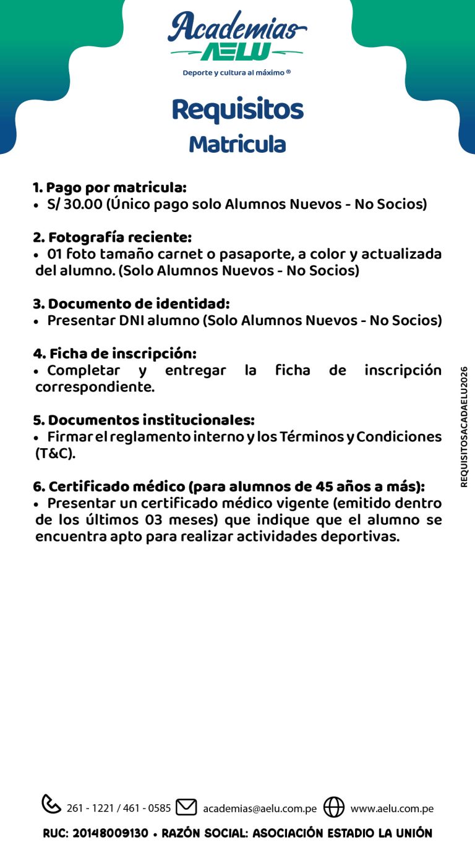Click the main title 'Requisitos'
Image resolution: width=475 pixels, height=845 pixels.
237,109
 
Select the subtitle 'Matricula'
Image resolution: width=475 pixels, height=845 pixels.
237,144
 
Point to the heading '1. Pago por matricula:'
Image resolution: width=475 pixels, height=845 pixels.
109,187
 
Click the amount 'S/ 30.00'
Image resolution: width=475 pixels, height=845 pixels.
74,204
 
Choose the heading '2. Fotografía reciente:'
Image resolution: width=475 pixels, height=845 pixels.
112,237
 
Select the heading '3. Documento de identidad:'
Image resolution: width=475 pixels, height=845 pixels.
131,304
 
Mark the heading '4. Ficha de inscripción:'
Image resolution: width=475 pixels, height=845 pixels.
114,354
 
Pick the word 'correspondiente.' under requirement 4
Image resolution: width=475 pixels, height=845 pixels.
95,388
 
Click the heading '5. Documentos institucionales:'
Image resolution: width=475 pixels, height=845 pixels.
143,420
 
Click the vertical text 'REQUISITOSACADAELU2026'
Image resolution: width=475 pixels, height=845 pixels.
464,427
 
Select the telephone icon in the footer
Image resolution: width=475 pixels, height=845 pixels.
51,804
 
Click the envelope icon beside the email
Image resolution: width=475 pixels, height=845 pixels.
186,807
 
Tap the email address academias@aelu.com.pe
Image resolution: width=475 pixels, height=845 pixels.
260,809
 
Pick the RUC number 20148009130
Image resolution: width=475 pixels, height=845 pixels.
111,833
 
